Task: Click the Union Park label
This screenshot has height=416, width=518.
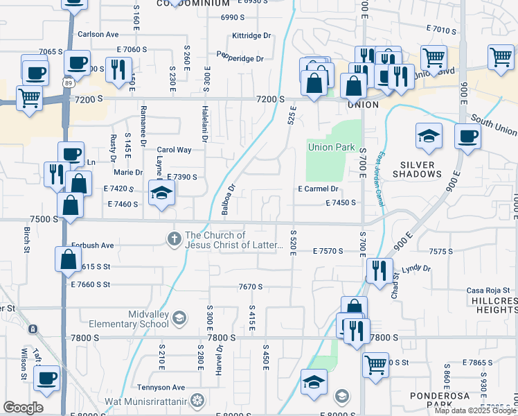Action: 331,147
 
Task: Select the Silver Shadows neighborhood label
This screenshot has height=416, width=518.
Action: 417,169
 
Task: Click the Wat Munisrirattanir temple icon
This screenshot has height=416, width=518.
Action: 197,401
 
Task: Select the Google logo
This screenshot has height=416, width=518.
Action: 23,408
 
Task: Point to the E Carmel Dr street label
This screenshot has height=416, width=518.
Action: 318,189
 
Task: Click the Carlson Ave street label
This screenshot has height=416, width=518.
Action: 98,34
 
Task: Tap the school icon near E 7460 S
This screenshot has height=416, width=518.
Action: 161,193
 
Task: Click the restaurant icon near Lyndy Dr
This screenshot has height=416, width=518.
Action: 379,270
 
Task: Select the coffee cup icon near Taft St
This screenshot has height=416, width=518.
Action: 46,379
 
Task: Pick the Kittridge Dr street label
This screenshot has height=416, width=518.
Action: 251,35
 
